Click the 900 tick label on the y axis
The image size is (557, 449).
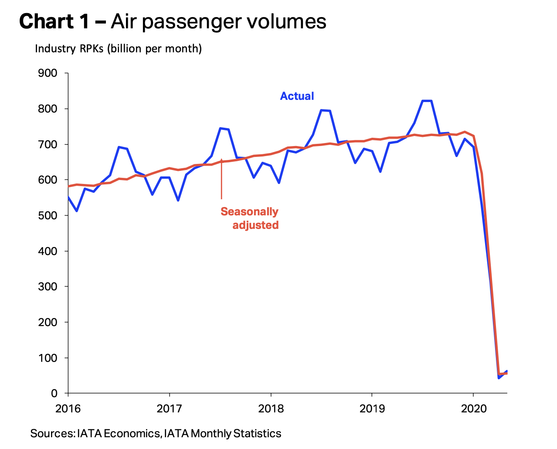pyautogui.click(x=48, y=73)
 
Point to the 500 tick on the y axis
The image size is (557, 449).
pyautogui.click(x=48, y=216)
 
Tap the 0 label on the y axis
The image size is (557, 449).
pyautogui.click(x=54, y=394)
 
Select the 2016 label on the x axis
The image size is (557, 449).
pyautogui.click(x=68, y=409)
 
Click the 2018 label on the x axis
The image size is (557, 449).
pyautogui.click(x=271, y=409)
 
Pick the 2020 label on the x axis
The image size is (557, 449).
pyautogui.click(x=473, y=409)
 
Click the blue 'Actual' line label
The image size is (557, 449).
pyautogui.click(x=297, y=96)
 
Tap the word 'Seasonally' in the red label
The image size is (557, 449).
pyautogui.click(x=249, y=212)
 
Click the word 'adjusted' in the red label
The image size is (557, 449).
pyautogui.click(x=255, y=225)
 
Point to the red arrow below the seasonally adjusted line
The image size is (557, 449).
pyautogui.click(x=221, y=179)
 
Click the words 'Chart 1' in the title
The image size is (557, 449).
pyautogui.click(x=54, y=21)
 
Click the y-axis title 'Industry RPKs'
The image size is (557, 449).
pyautogui.click(x=69, y=48)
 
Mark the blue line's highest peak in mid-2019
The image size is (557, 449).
pyautogui.click(x=427, y=101)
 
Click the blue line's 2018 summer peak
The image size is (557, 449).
pyautogui.click(x=325, y=110)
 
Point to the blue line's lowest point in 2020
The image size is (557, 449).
pyautogui.click(x=499, y=378)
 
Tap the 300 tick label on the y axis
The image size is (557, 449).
pyautogui.click(x=48, y=287)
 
